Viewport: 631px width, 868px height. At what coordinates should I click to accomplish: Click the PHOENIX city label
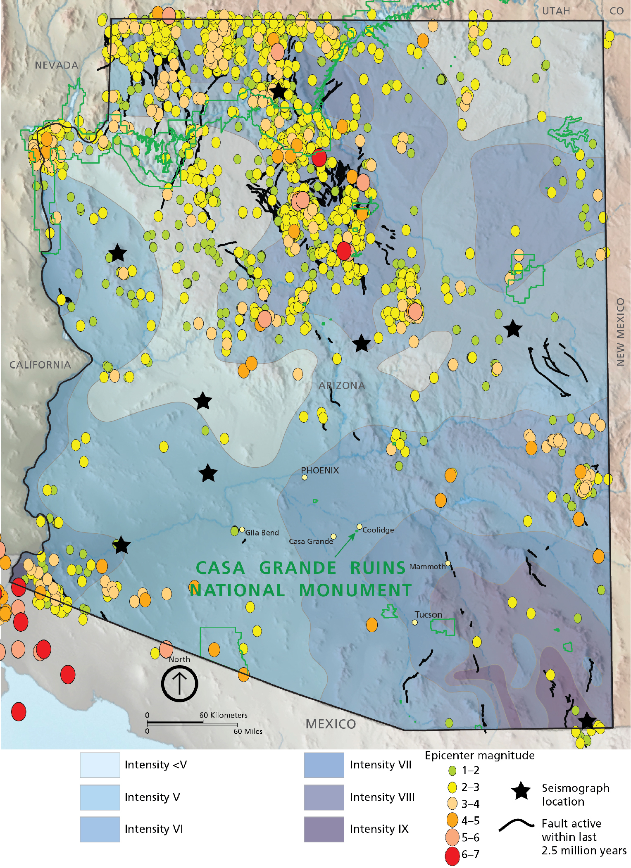(x=320, y=470)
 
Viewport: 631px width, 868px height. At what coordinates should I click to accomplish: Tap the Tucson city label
(x=429, y=614)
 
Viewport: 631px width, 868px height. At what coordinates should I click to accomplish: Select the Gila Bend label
(x=262, y=533)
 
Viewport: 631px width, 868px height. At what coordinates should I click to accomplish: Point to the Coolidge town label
(x=378, y=530)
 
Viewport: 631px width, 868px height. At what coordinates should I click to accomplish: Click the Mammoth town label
(x=427, y=566)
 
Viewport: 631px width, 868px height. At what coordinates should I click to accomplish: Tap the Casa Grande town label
(x=311, y=541)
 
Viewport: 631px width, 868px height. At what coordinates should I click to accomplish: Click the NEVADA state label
(x=57, y=65)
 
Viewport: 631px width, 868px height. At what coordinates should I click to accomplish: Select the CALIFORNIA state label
(x=40, y=365)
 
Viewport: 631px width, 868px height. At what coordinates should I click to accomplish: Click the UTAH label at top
(x=556, y=11)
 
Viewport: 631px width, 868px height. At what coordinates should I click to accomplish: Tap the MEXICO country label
(x=331, y=724)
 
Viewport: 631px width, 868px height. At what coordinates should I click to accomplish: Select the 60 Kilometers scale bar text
(x=223, y=715)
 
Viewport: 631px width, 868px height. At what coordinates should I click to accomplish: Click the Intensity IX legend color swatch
(x=324, y=829)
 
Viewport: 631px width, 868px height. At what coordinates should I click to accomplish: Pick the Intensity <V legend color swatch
(x=100, y=765)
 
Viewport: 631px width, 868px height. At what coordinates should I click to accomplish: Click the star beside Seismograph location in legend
(x=521, y=791)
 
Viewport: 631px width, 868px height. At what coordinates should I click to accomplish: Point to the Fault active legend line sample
(x=517, y=824)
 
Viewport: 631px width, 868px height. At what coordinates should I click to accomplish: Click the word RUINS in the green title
(x=378, y=568)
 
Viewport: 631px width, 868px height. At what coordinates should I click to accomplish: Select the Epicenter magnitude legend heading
(x=480, y=755)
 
